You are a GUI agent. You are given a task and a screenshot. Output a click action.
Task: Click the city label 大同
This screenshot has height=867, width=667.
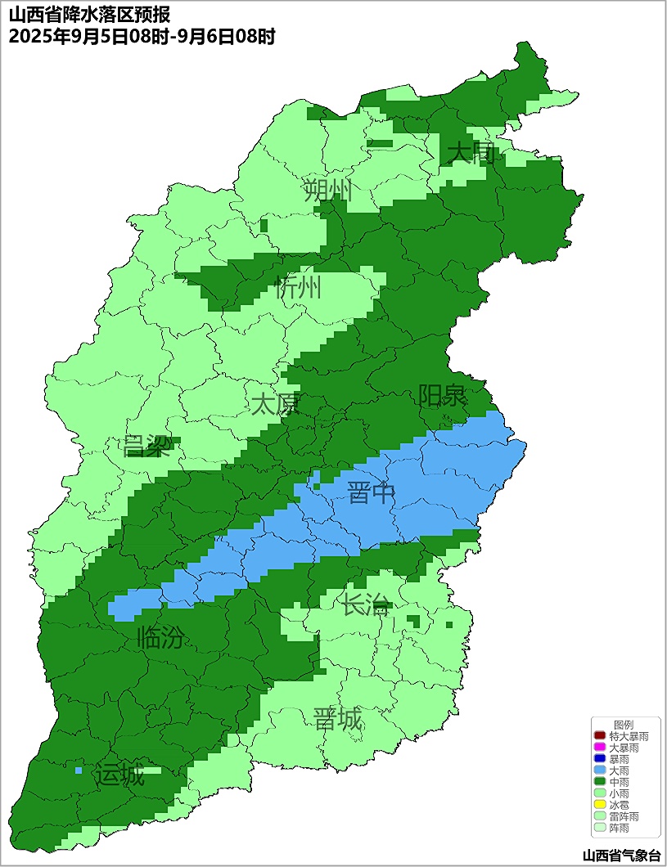(x=471, y=153)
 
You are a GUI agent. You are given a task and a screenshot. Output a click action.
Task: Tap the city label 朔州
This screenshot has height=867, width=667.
(x=327, y=191)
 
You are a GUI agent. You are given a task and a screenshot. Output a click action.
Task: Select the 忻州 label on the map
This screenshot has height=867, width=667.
(x=298, y=288)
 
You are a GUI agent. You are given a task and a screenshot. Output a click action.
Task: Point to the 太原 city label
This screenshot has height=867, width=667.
(x=275, y=404)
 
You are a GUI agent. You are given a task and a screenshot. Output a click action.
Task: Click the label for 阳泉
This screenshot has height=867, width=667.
(x=442, y=397)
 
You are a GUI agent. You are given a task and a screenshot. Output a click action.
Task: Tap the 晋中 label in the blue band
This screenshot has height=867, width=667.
(x=371, y=494)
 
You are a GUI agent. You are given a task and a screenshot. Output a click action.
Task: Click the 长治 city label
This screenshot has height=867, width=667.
(x=365, y=606)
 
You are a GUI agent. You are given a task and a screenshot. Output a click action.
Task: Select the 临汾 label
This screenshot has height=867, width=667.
(x=160, y=637)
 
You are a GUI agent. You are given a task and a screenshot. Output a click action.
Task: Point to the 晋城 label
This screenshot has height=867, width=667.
(x=337, y=720)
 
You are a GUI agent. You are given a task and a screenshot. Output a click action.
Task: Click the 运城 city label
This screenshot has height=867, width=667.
(x=119, y=775)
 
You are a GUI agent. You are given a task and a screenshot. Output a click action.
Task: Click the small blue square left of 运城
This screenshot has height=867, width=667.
(x=79, y=770)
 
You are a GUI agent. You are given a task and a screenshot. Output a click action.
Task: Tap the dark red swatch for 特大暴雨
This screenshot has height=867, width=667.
(x=600, y=737)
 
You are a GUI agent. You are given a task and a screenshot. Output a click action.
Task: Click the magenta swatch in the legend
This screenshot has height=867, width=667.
(x=600, y=748)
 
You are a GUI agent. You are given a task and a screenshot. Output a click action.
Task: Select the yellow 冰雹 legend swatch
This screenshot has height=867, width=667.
(x=600, y=805)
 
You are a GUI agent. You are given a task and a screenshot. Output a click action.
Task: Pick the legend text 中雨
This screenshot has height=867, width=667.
(x=620, y=782)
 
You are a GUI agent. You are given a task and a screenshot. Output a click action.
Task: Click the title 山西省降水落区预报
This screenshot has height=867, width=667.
(x=90, y=16)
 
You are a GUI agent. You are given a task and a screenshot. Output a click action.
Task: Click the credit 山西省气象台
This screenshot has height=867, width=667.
(x=620, y=856)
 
